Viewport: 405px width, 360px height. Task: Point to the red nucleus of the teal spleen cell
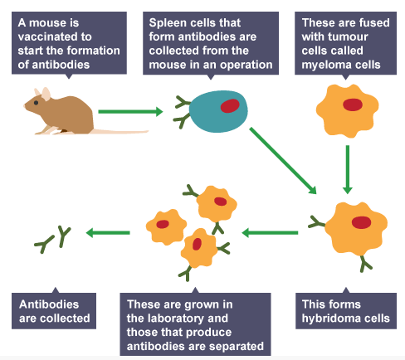(230, 106)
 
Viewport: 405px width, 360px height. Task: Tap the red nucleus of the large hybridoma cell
(360, 221)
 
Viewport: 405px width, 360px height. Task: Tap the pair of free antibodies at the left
(52, 240)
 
